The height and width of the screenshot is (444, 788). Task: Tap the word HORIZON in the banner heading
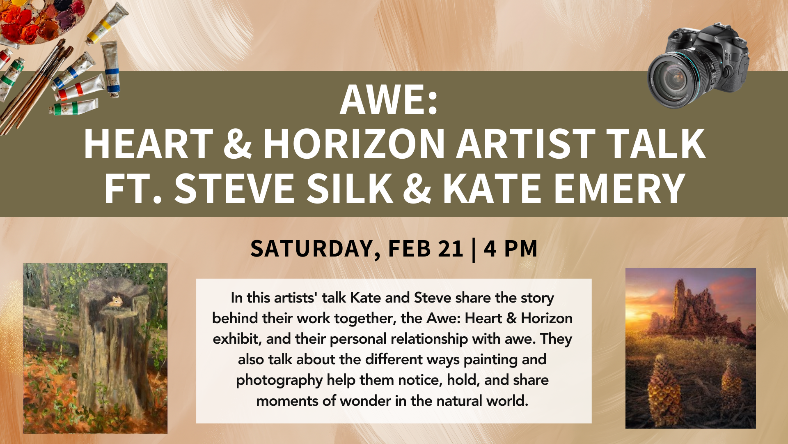pos(354,143)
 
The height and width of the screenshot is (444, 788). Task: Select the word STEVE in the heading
pos(235,188)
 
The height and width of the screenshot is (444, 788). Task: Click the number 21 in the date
pos(451,249)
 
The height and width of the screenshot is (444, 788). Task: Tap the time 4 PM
pos(511,249)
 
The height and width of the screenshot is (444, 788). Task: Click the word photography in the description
pos(279,380)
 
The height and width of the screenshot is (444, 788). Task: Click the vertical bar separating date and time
pos(474,250)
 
